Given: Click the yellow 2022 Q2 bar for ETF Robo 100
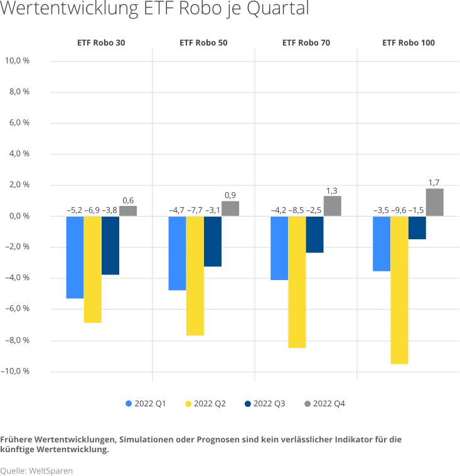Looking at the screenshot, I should [399, 289].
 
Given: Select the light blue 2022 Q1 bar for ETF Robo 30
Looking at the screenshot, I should [75, 257].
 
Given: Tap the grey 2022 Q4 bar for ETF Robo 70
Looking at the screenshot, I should [332, 206].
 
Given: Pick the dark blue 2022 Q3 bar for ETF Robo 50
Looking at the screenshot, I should [213, 241].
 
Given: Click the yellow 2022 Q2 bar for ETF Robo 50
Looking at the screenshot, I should [195, 276].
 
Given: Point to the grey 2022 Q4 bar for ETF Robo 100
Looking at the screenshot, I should [434, 202].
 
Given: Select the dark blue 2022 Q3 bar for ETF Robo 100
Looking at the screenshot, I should [417, 228].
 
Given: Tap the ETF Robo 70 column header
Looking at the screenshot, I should [306, 43].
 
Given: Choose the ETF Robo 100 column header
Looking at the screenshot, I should [408, 43].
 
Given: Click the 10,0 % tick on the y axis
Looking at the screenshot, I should [18, 61].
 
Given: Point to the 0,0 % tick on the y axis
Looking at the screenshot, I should [19, 216].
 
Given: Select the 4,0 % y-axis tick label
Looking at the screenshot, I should [19, 154].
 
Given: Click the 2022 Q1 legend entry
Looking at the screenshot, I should [146, 404].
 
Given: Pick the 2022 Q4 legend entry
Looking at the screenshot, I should [324, 404].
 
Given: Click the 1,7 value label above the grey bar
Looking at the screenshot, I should [434, 183].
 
